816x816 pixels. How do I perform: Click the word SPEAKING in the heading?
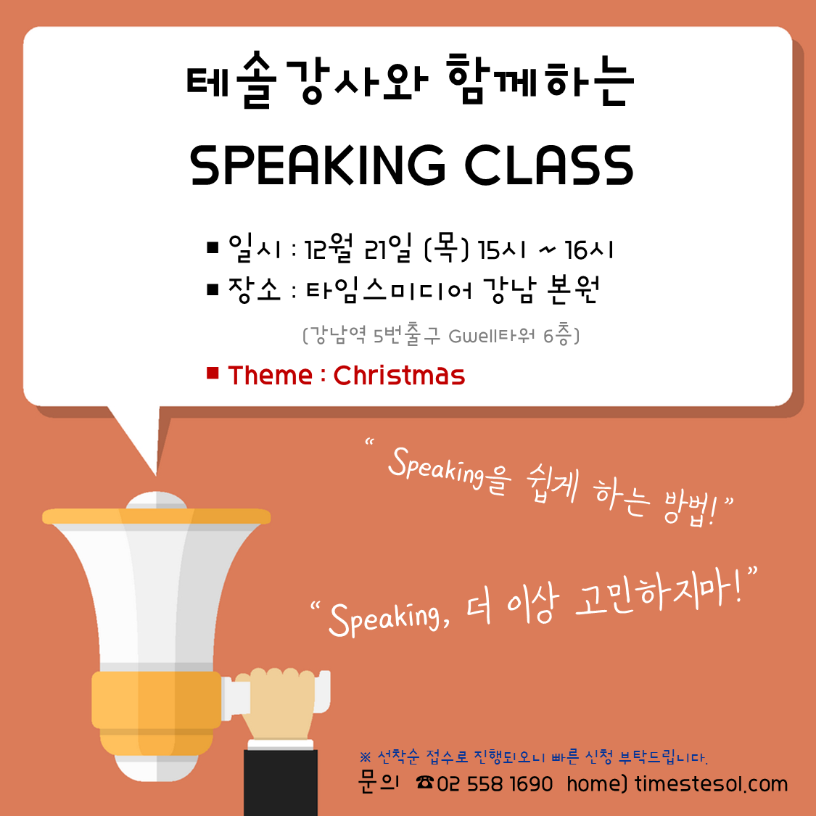pyautogui.click(x=318, y=165)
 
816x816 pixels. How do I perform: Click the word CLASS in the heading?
pyautogui.click(x=549, y=165)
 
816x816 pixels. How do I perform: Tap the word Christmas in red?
pyautogui.click(x=399, y=375)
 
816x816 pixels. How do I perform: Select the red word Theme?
pyautogui.click(x=270, y=375)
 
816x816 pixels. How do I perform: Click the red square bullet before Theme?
pyautogui.click(x=213, y=373)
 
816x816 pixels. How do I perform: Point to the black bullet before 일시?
pyautogui.click(x=213, y=247)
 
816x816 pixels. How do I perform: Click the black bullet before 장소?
pyautogui.click(x=213, y=289)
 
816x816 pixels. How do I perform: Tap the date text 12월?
pyautogui.click(x=329, y=248)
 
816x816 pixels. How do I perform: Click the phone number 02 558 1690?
pyautogui.click(x=495, y=784)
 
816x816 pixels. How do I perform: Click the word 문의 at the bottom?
pyautogui.click(x=379, y=782)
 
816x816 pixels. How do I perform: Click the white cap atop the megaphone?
pyautogui.click(x=156, y=500)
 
